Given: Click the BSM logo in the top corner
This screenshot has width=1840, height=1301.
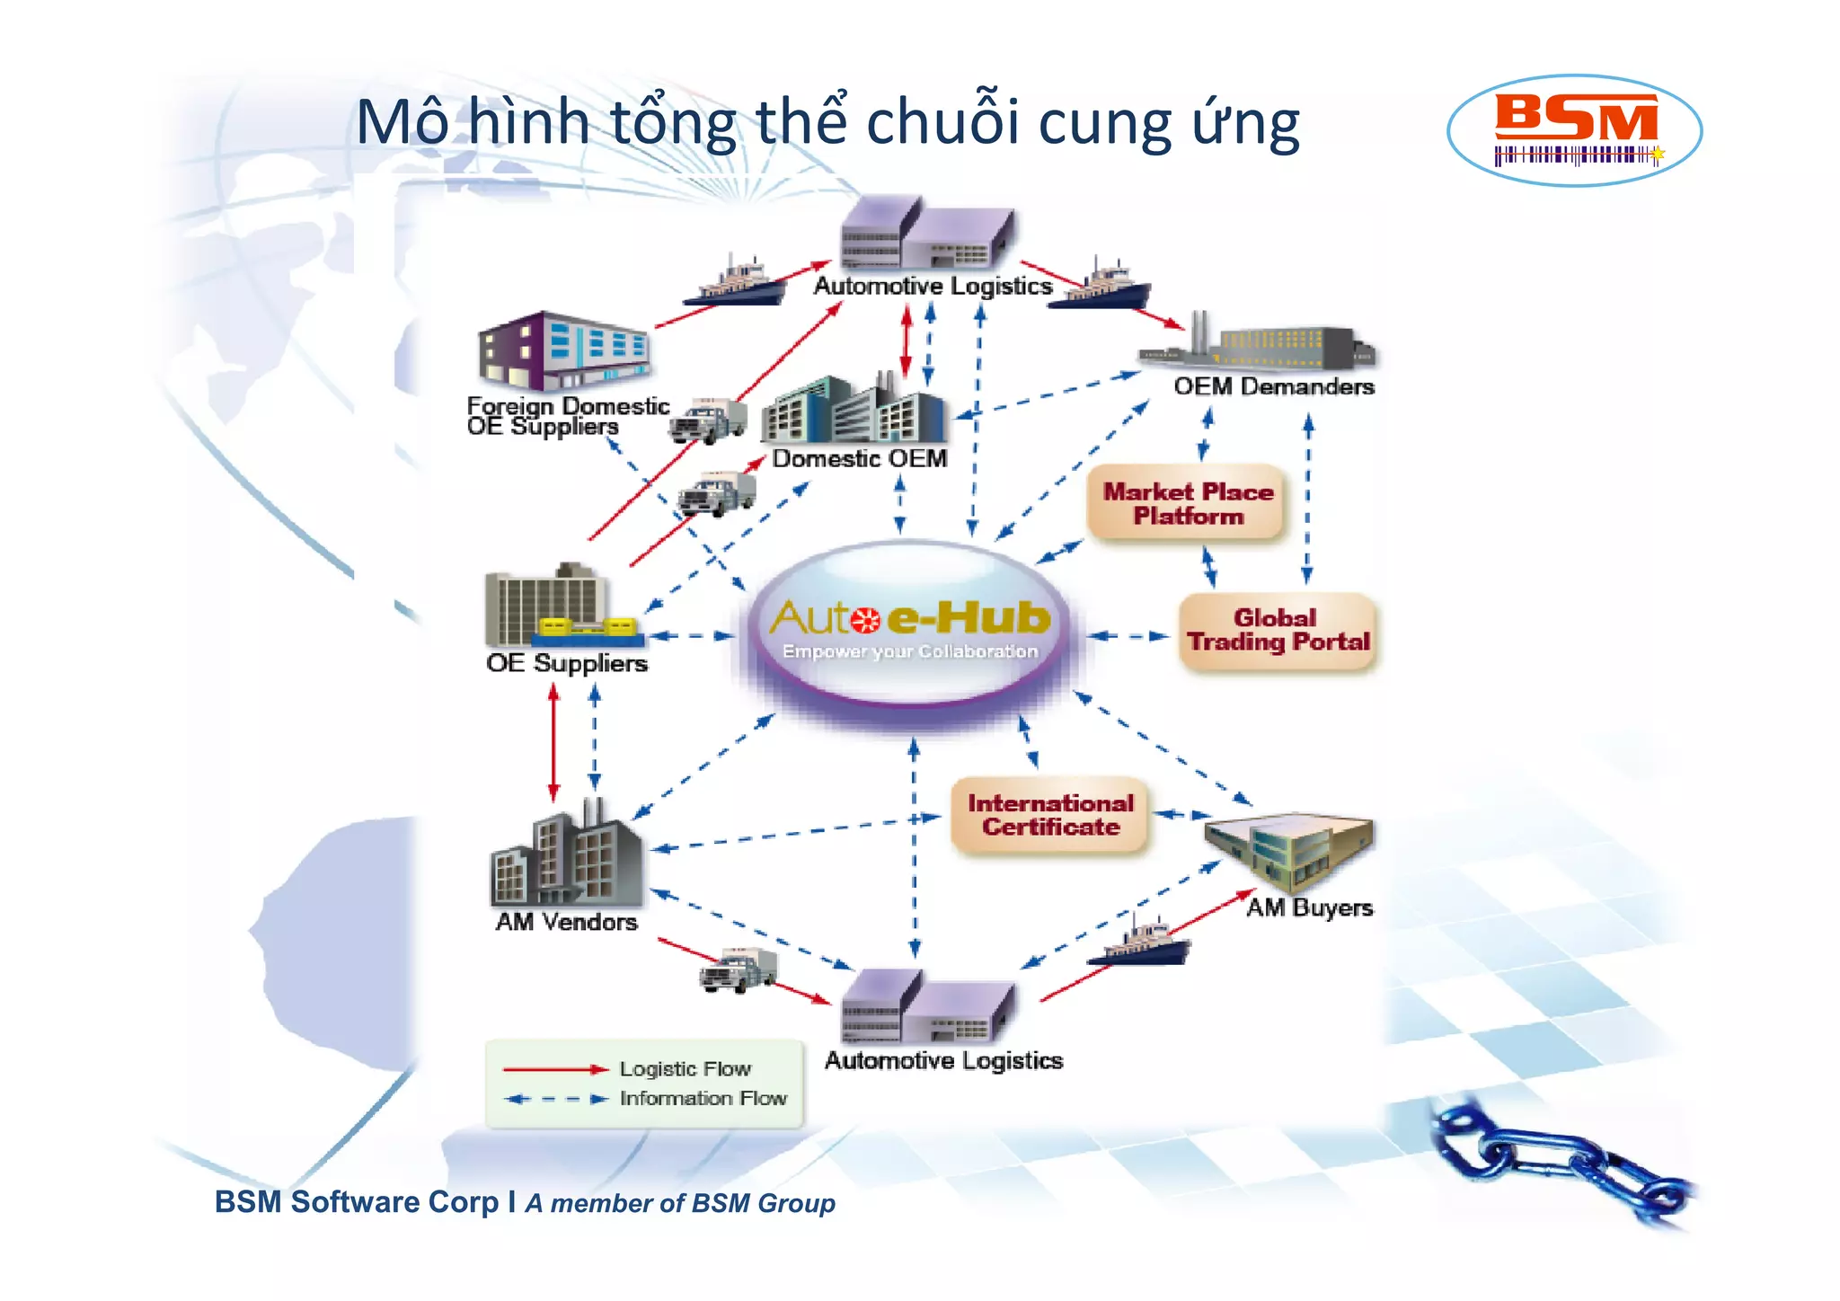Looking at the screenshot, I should [1574, 129].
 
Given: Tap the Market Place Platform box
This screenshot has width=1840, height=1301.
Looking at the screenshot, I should [1187, 503].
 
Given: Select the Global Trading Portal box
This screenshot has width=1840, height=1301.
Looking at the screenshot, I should [1278, 631].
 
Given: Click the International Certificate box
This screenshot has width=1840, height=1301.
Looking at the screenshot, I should [1050, 815].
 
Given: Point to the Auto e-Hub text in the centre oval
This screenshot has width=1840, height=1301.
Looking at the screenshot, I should [910, 618].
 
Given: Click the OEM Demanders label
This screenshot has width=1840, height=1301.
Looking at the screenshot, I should [1273, 386].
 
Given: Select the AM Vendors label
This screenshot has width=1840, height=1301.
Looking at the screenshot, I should [566, 922].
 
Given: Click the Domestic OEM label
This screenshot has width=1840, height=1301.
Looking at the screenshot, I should [859, 458].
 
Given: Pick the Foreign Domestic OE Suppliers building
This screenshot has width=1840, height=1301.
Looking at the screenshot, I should [562, 350].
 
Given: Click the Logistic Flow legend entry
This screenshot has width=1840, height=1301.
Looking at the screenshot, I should [685, 1069].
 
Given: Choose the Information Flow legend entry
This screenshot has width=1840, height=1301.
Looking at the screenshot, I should [703, 1098].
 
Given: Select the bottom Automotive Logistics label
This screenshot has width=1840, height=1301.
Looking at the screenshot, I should [943, 1061].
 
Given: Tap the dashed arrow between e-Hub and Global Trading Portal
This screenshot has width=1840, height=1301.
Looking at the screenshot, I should [1128, 636].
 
